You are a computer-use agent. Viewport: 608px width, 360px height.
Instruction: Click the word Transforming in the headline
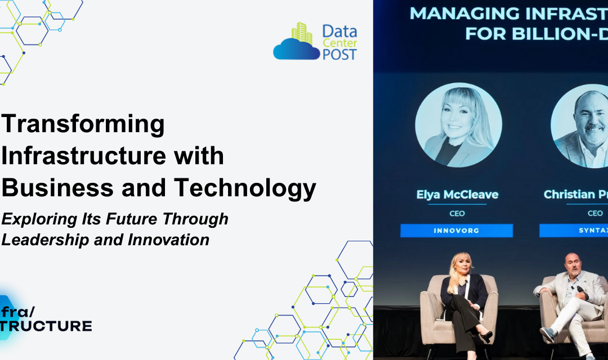coord(83,124)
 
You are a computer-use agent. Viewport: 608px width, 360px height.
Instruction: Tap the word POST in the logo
coord(339,54)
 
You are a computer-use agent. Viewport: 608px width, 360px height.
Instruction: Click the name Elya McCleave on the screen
coord(457,195)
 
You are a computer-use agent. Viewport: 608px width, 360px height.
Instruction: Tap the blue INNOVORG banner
coord(457,231)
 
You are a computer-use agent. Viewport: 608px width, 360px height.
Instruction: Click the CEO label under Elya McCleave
coord(457,213)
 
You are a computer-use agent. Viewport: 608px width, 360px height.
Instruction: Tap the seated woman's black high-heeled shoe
coord(484,336)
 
